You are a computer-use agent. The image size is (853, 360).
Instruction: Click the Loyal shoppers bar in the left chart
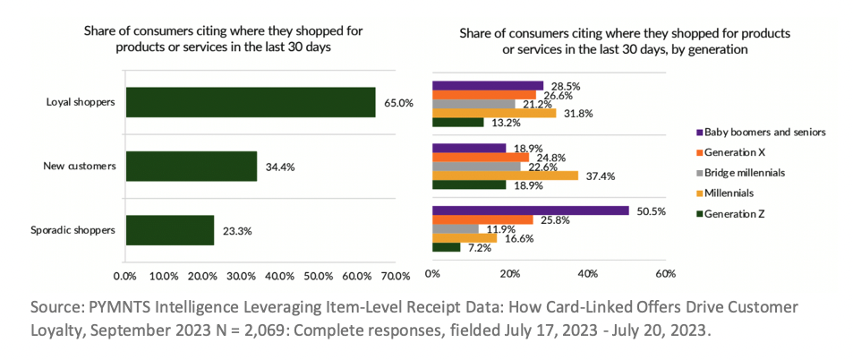[251, 102]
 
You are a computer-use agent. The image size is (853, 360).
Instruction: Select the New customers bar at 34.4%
[192, 167]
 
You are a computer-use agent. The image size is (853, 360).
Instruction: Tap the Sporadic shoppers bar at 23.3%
[170, 230]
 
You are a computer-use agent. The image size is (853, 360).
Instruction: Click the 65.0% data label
[398, 102]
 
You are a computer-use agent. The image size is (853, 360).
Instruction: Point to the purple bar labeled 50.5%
[530, 210]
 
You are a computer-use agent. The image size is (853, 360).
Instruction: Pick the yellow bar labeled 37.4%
[505, 176]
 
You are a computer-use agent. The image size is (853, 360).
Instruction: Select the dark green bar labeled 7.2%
[446, 246]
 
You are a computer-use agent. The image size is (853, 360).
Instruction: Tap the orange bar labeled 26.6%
[483, 95]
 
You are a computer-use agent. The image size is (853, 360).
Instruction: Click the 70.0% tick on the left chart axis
[396, 274]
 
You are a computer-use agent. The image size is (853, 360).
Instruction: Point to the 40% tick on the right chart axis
[587, 273]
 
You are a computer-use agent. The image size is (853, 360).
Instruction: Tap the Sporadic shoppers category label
[79, 230]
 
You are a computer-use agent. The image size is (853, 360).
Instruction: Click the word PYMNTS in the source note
[110, 307]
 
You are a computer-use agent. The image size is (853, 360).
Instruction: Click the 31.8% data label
[579, 113]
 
